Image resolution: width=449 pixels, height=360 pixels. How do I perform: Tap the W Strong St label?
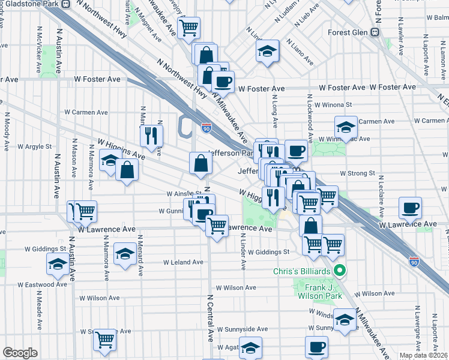[x=357, y=173]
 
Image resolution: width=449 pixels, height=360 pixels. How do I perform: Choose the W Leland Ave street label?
[x=184, y=262]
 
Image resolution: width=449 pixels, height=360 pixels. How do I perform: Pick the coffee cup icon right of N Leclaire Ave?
[x=410, y=208]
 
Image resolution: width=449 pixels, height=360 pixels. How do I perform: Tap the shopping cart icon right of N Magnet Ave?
[x=188, y=27]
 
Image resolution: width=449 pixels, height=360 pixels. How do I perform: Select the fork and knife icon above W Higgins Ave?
[x=151, y=136]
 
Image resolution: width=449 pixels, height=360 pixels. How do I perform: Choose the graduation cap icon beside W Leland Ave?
[x=125, y=253]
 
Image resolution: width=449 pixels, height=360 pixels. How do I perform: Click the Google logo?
[x=20, y=353]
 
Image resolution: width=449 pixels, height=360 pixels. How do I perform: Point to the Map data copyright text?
[x=423, y=355]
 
